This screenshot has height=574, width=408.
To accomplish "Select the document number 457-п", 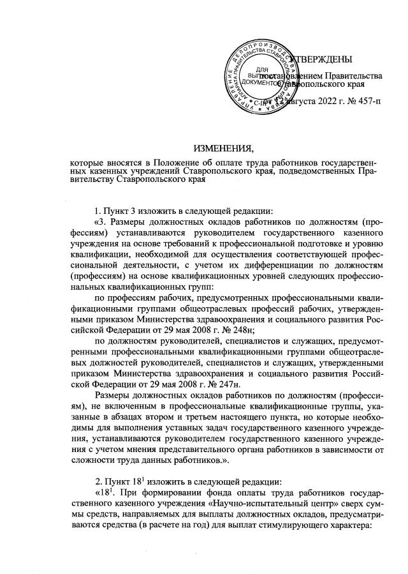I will click(361, 102).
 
